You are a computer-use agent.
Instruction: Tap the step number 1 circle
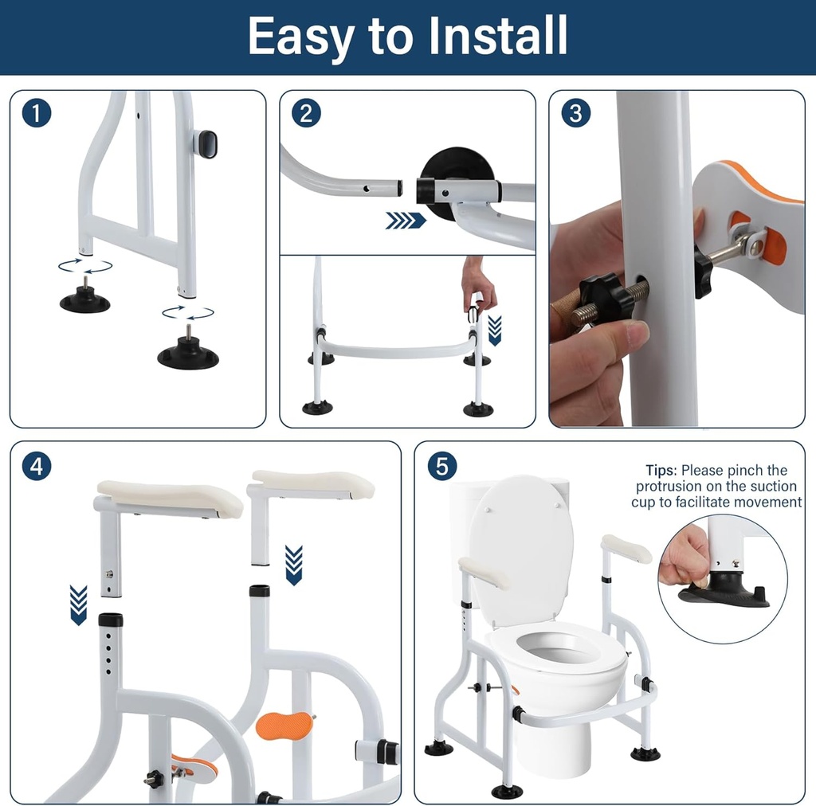pyautogui.click(x=37, y=114)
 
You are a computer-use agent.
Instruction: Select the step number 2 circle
pyautogui.click(x=306, y=114)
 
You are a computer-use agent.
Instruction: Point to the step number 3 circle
pyautogui.click(x=575, y=114)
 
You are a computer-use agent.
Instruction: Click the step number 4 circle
pyautogui.click(x=37, y=466)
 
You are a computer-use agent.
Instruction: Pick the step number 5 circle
pyautogui.click(x=441, y=466)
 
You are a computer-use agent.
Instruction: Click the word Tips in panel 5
pyautogui.click(x=661, y=471)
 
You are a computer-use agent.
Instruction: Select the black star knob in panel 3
pyautogui.click(x=608, y=295)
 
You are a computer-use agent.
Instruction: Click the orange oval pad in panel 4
pyautogui.click(x=284, y=726)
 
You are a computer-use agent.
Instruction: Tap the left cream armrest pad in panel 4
pyautogui.click(x=170, y=498)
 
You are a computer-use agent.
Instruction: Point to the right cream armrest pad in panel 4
pyautogui.click(x=313, y=482)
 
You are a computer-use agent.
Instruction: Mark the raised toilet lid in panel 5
pyautogui.click(x=520, y=550)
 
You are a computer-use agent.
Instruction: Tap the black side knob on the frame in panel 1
pyautogui.click(x=206, y=144)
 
